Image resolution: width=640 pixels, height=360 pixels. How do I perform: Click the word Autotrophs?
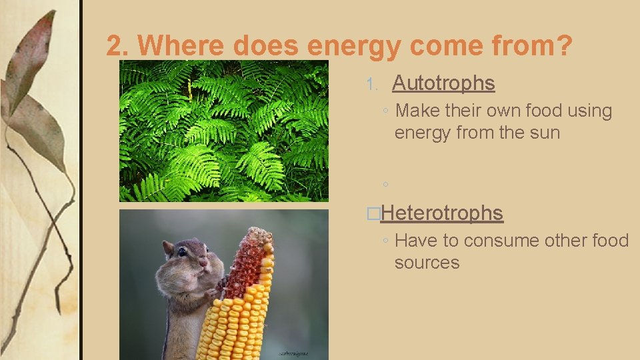(x=443, y=83)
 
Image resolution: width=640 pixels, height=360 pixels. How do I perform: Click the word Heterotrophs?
(x=443, y=213)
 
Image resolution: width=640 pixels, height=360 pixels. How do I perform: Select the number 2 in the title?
(x=115, y=46)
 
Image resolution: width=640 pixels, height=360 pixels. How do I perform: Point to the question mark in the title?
(x=563, y=46)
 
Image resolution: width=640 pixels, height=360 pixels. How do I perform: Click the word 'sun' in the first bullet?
(x=543, y=133)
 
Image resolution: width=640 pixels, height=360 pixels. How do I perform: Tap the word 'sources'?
(x=427, y=263)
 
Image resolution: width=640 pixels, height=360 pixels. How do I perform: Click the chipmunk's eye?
(x=182, y=252)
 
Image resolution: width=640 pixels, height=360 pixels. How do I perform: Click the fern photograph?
(x=224, y=131)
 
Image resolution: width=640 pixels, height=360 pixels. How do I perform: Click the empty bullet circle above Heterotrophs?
(x=385, y=184)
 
